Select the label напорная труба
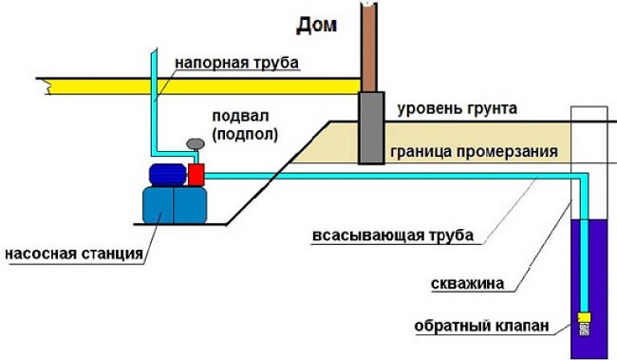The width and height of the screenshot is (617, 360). (236, 64)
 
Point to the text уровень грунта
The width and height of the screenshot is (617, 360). (457, 108)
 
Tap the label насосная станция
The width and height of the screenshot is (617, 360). (73, 254)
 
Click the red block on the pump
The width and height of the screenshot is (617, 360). (196, 175)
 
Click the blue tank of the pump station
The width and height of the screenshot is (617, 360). (174, 205)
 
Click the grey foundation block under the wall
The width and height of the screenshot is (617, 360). (370, 128)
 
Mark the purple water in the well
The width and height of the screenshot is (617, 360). (598, 285)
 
